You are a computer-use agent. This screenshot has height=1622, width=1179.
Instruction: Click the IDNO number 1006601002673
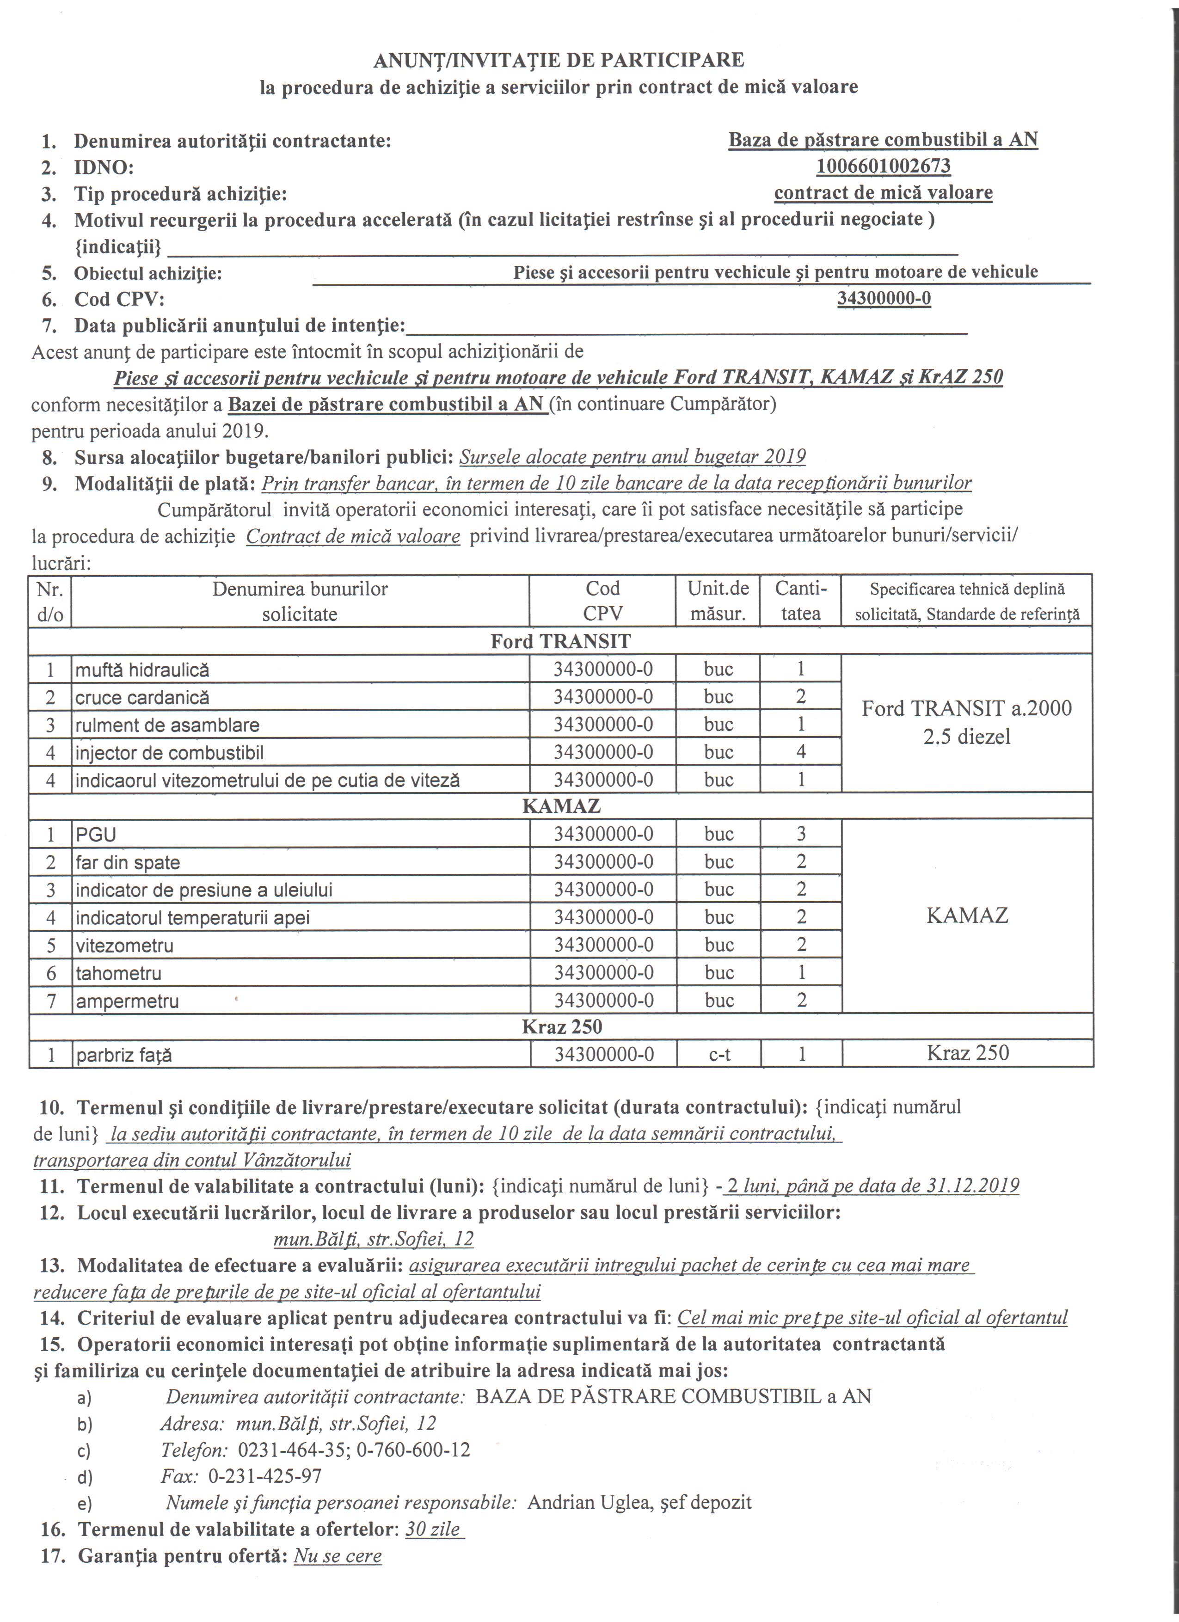pyautogui.click(x=883, y=166)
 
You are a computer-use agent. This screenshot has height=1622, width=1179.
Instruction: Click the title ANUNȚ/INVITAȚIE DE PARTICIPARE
pyautogui.click(x=559, y=61)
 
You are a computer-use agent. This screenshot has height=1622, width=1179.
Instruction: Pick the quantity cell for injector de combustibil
pyautogui.click(x=801, y=752)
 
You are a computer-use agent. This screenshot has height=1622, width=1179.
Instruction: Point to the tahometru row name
pyautogui.click(x=119, y=973)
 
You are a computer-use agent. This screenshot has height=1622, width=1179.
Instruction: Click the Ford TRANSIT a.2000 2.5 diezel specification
pyautogui.click(x=967, y=722)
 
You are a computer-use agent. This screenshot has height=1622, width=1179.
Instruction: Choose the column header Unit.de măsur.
pyautogui.click(x=718, y=601)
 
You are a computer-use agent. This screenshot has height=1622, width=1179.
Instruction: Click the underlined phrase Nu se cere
pyautogui.click(x=338, y=1556)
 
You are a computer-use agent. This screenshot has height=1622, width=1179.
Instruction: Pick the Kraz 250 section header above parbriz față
pyautogui.click(x=561, y=1027)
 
